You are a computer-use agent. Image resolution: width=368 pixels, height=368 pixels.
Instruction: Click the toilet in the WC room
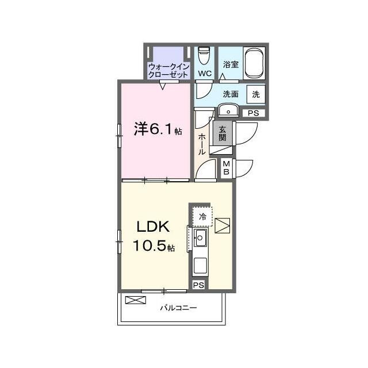(x=204, y=55)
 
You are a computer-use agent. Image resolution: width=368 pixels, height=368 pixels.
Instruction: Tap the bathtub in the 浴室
(x=254, y=63)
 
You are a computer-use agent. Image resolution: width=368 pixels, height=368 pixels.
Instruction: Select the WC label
(x=205, y=74)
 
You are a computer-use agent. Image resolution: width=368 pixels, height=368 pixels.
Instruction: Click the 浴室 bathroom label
(x=231, y=64)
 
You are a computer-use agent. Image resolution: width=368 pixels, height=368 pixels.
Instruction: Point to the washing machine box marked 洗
(x=256, y=94)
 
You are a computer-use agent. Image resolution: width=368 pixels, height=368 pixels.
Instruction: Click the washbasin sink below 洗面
(x=228, y=110)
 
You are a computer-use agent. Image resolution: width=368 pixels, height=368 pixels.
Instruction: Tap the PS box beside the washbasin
(x=254, y=113)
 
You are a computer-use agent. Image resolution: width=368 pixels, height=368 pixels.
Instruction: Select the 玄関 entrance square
(x=223, y=133)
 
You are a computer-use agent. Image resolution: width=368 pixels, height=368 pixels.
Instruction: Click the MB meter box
(x=227, y=167)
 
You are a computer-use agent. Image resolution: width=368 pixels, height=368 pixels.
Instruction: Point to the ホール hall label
(x=202, y=144)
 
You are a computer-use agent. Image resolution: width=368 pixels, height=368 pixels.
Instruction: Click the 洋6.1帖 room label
(x=158, y=129)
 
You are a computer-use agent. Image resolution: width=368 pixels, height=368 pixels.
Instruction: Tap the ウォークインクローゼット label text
(x=168, y=71)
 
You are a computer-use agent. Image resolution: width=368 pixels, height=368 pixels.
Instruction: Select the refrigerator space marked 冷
(x=202, y=217)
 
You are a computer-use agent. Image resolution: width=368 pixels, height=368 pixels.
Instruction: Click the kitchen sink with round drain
(x=200, y=237)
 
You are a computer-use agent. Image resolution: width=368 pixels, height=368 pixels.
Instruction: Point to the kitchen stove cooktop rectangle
(x=200, y=265)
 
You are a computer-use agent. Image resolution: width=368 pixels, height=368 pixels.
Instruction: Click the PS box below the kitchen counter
(x=198, y=285)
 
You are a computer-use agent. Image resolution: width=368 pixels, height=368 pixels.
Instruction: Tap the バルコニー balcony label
(x=178, y=308)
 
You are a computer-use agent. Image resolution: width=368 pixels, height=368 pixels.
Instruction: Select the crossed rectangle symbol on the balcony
(x=136, y=300)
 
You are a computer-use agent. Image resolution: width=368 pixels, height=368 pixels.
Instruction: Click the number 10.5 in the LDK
(x=149, y=246)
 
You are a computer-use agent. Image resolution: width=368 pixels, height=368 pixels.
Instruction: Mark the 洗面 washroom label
(x=231, y=94)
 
